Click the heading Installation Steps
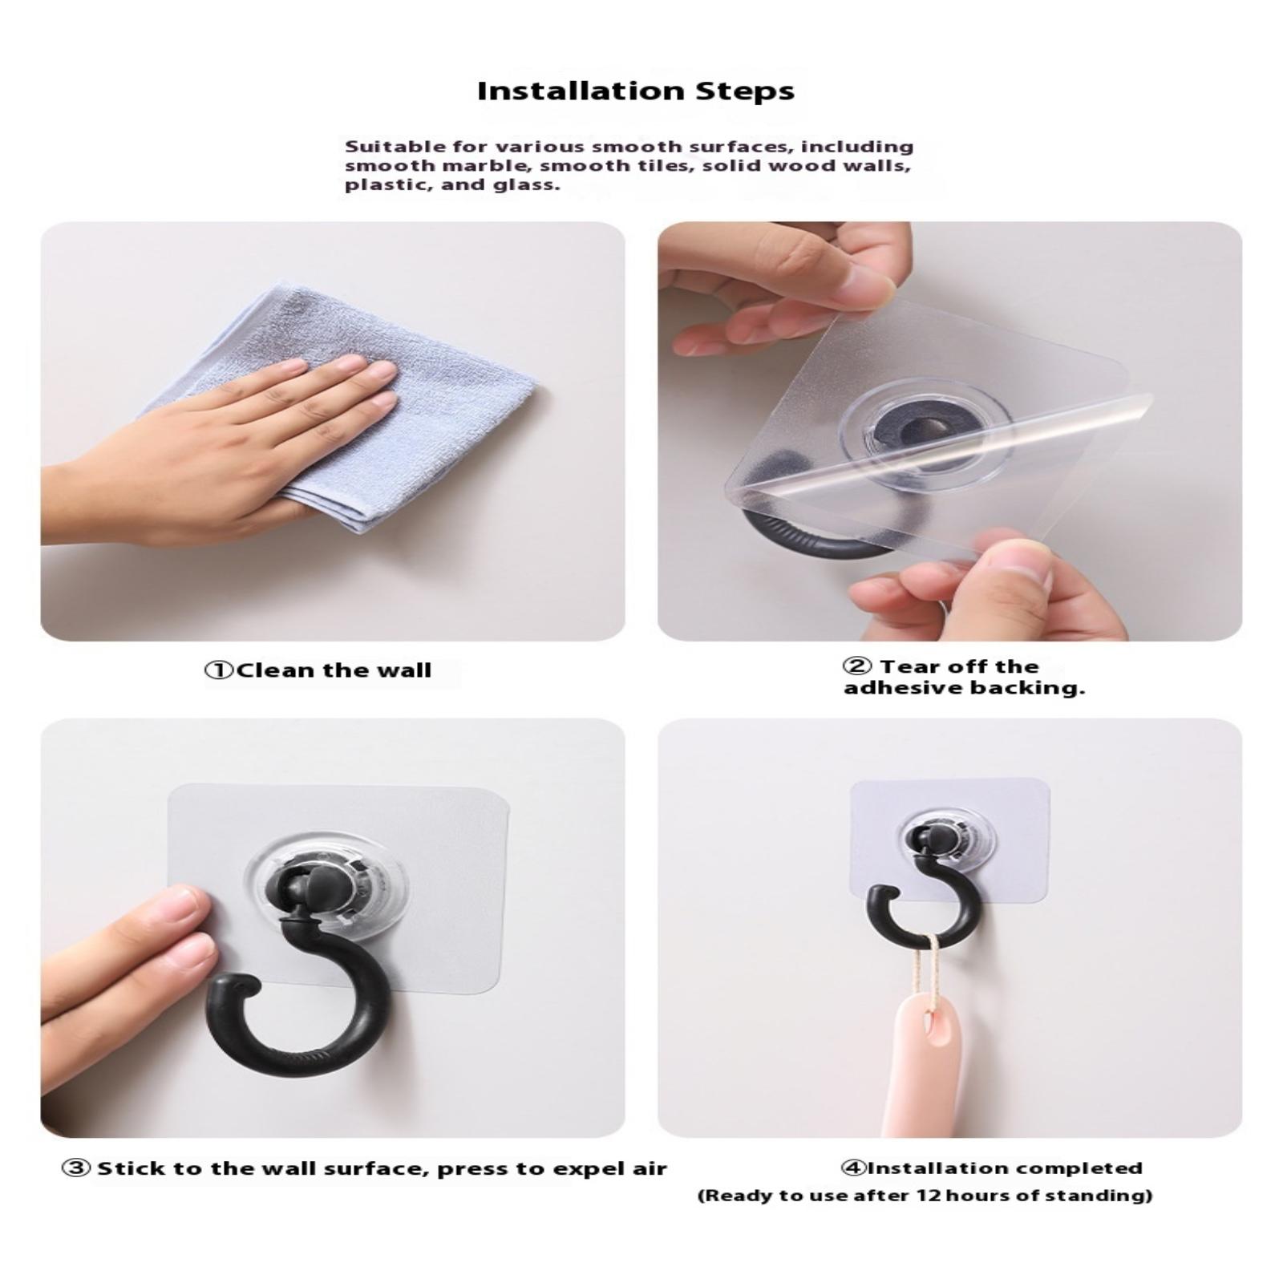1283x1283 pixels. [x=636, y=91]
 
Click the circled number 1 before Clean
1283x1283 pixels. [x=220, y=670]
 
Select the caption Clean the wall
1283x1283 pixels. [x=333, y=670]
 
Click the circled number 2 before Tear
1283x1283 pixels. [x=856, y=666]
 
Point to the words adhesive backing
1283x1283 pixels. [x=964, y=688]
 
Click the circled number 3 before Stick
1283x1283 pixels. [x=76, y=1168]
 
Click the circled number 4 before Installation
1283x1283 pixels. [x=854, y=1168]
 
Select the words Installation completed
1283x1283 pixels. [x=1005, y=1168]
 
